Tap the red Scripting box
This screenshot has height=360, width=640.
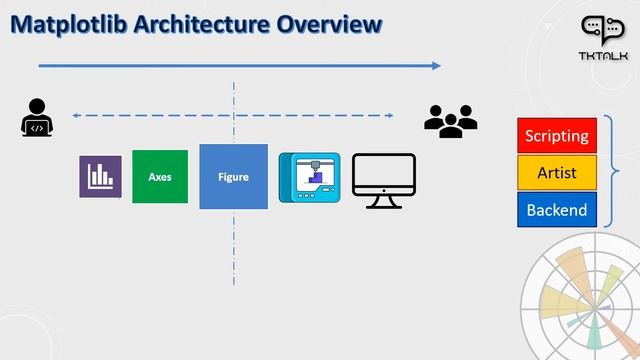557,135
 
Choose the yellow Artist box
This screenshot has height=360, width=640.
557,173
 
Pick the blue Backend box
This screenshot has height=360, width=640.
557,210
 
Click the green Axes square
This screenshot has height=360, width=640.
160,177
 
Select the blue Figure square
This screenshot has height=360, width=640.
233,177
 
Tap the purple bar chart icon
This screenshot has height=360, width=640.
100,177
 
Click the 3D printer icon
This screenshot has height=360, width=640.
309,179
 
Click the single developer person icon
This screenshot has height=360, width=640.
37,118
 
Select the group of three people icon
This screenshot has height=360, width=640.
450,120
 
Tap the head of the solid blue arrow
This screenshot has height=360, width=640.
436,66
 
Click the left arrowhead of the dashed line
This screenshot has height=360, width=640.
78,115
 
